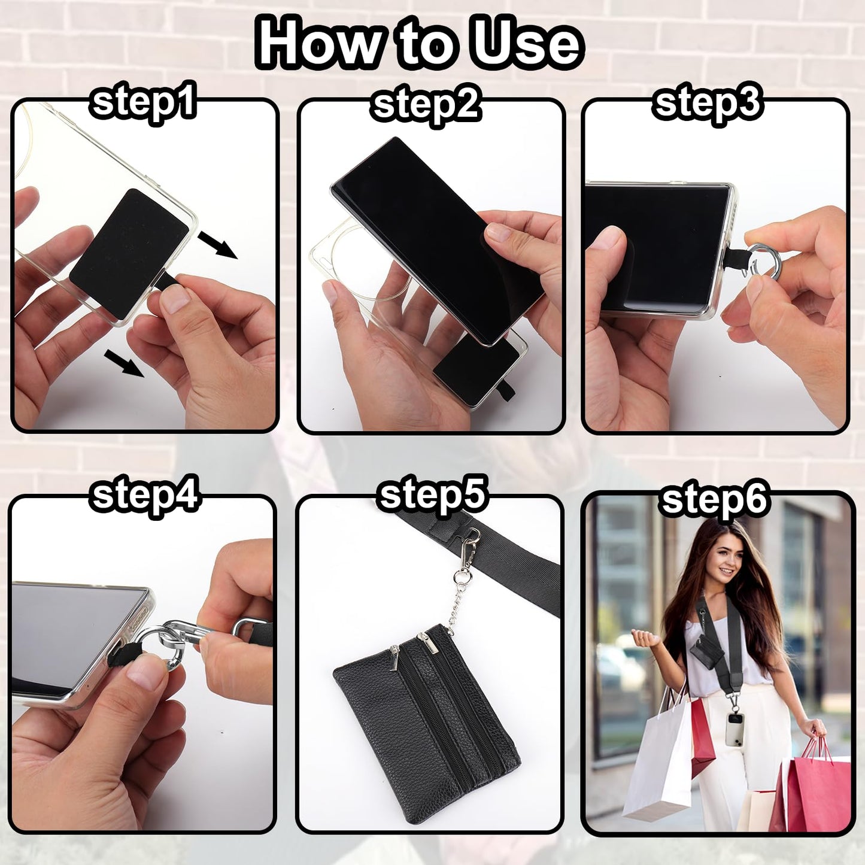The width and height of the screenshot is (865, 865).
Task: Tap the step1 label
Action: tap(143, 102)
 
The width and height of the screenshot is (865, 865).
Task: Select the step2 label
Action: tap(426, 105)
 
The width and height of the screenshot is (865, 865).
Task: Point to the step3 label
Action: tap(707, 104)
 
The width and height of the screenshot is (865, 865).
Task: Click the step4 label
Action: tap(144, 496)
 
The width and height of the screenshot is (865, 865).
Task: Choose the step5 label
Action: tap(432, 495)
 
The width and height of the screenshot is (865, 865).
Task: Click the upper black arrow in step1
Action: tap(217, 244)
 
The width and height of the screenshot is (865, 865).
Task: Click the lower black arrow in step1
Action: tap(124, 363)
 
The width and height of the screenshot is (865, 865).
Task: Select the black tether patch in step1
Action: tap(129, 253)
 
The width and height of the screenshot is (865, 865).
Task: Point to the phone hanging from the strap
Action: tap(735, 729)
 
